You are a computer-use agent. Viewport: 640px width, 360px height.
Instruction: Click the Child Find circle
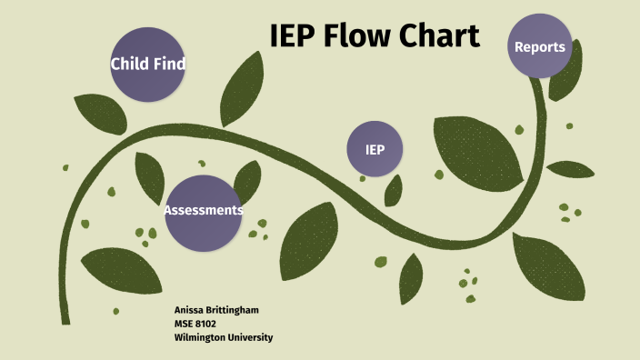(x=147, y=64)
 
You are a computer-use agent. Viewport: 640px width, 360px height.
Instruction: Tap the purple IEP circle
(x=375, y=149)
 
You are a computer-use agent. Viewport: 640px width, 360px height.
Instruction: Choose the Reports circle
(x=540, y=47)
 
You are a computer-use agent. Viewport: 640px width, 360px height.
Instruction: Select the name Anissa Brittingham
(x=216, y=310)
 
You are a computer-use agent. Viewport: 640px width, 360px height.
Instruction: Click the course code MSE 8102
(x=195, y=324)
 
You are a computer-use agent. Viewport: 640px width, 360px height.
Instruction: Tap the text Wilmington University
(x=223, y=337)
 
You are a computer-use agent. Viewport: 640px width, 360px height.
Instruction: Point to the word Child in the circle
(x=130, y=65)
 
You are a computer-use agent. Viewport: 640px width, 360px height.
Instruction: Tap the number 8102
(x=205, y=324)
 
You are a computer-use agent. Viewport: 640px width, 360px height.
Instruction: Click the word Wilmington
(x=198, y=337)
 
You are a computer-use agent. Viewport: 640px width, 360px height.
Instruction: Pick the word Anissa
(x=188, y=310)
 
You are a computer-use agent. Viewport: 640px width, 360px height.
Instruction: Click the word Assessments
(x=204, y=211)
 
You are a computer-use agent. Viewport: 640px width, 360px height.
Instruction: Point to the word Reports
(x=540, y=47)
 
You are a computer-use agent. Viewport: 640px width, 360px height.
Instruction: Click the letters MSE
(x=183, y=324)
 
